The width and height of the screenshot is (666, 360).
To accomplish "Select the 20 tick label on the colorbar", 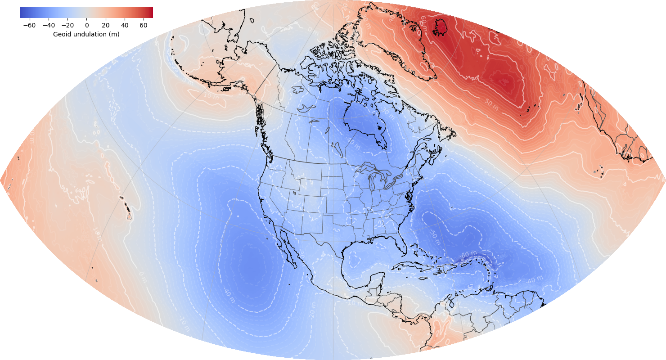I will pos(105,25).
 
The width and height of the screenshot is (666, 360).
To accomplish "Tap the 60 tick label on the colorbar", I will pos(144,25).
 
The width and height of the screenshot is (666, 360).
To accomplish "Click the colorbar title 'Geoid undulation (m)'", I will pos(86,34).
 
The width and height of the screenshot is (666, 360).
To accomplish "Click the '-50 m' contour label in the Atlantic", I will pos(434,234).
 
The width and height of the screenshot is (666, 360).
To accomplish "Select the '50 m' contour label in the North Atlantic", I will pos(491,104).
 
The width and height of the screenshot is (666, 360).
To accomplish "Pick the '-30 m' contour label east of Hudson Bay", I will pos(386,110).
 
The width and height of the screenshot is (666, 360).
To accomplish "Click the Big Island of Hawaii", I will pos(129,216).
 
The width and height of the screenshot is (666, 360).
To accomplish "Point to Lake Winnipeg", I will pos(328,131).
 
